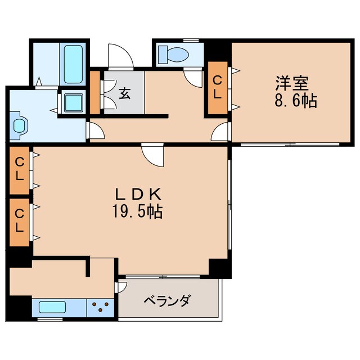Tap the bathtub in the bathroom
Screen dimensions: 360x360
(73, 64)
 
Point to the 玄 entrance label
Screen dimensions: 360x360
(124, 93)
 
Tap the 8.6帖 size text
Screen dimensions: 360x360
(296, 102)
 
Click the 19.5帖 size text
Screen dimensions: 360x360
(139, 212)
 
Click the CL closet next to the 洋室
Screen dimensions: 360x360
(218, 88)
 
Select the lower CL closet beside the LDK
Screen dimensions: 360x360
(20, 220)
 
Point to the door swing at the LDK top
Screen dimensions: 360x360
(153, 152)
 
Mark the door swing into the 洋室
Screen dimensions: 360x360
(221, 132)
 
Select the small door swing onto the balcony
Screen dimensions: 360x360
(121, 286)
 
